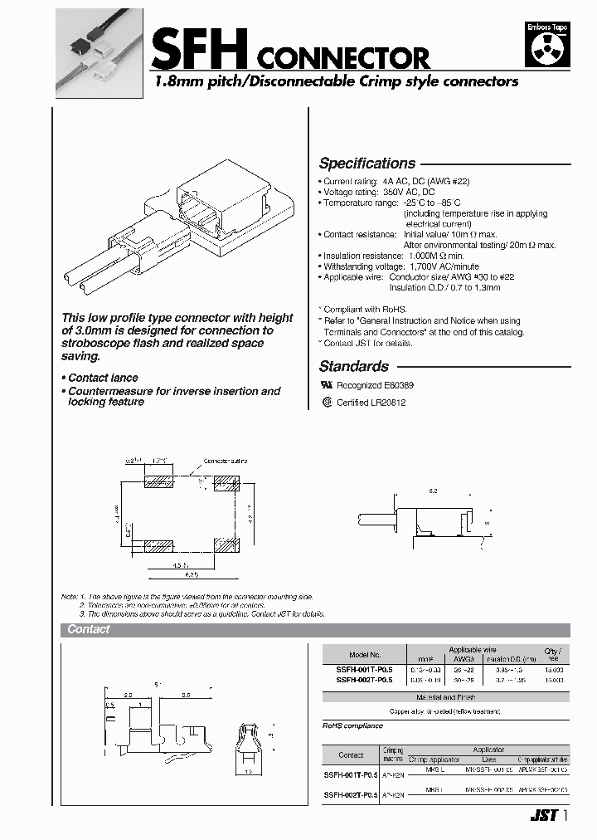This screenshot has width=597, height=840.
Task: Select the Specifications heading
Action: [x=366, y=164]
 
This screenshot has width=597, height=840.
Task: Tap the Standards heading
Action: [x=353, y=366]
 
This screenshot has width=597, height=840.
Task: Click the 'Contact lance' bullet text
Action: [x=103, y=378]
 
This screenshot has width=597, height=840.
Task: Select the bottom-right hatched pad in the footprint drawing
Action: [x=226, y=546]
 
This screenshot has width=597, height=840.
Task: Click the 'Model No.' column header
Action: [x=364, y=655]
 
